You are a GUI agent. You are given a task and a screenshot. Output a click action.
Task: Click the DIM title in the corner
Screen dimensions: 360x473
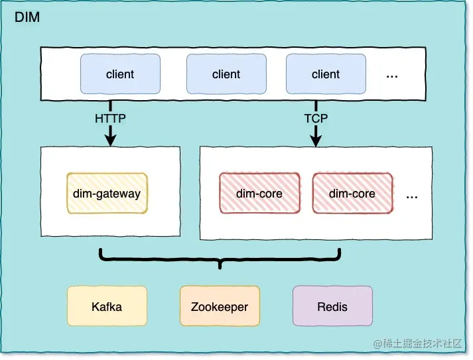click(x=27, y=18)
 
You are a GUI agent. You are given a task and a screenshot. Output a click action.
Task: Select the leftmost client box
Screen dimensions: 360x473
click(x=120, y=74)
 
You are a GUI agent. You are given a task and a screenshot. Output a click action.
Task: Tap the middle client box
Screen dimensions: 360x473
click(x=226, y=74)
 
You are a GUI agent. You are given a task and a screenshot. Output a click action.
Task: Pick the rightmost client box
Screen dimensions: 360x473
click(x=326, y=74)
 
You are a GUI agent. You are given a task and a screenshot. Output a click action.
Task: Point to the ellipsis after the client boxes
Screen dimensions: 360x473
click(x=392, y=75)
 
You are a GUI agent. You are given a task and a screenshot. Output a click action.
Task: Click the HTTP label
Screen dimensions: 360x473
click(x=110, y=119)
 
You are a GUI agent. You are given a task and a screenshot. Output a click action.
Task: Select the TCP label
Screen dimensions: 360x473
click(x=316, y=119)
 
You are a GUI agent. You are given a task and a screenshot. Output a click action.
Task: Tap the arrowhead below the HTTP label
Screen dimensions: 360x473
click(x=110, y=139)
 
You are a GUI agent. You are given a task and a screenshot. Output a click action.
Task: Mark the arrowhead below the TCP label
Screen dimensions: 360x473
click(x=316, y=139)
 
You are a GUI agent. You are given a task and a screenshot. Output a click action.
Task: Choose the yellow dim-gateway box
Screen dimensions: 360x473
click(x=107, y=194)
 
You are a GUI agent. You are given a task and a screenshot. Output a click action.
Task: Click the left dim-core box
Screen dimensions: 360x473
click(x=259, y=194)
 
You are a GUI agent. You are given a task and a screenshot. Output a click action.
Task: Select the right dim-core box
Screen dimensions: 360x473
click(x=352, y=194)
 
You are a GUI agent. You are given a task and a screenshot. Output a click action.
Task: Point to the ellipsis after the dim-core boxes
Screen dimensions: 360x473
click(x=412, y=196)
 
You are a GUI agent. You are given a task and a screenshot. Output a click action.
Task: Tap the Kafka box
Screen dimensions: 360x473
click(x=107, y=306)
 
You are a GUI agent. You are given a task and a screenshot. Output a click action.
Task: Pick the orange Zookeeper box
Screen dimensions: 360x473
click(x=220, y=306)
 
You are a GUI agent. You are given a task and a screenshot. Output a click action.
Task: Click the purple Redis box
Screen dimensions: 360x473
click(x=332, y=306)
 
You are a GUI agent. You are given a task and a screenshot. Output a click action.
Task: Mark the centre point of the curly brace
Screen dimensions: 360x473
click(x=220, y=267)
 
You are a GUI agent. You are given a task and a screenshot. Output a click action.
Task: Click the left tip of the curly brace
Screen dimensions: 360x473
click(x=100, y=251)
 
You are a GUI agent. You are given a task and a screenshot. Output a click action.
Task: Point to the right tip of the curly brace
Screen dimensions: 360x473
click(x=340, y=251)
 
